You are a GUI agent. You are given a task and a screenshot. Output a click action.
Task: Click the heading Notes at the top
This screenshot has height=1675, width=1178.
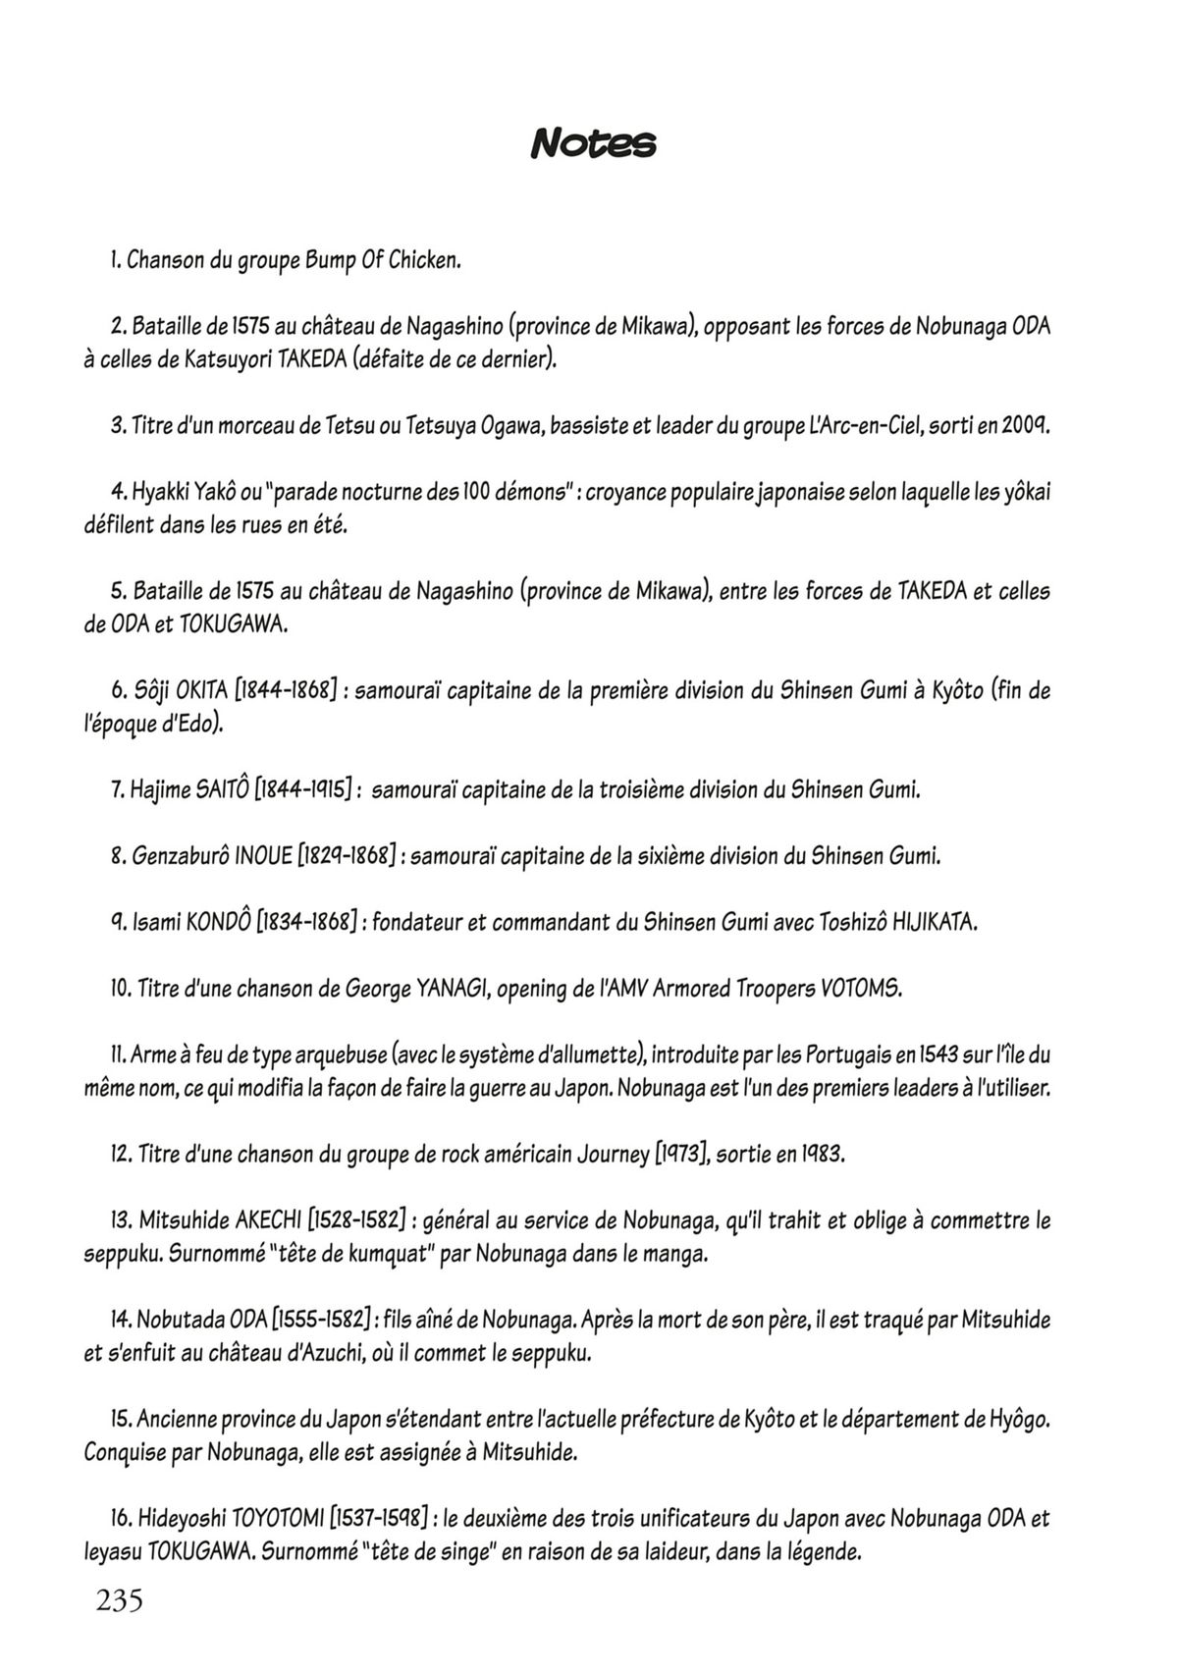tap(593, 144)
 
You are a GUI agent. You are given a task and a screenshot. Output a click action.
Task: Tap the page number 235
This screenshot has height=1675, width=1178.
tap(120, 1600)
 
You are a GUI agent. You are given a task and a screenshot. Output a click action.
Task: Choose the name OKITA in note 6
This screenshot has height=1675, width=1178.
tap(201, 690)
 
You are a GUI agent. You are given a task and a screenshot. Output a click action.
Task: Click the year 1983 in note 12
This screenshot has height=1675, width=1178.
tap(822, 1154)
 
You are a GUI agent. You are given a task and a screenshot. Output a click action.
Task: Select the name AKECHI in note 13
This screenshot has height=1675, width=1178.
tap(269, 1220)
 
